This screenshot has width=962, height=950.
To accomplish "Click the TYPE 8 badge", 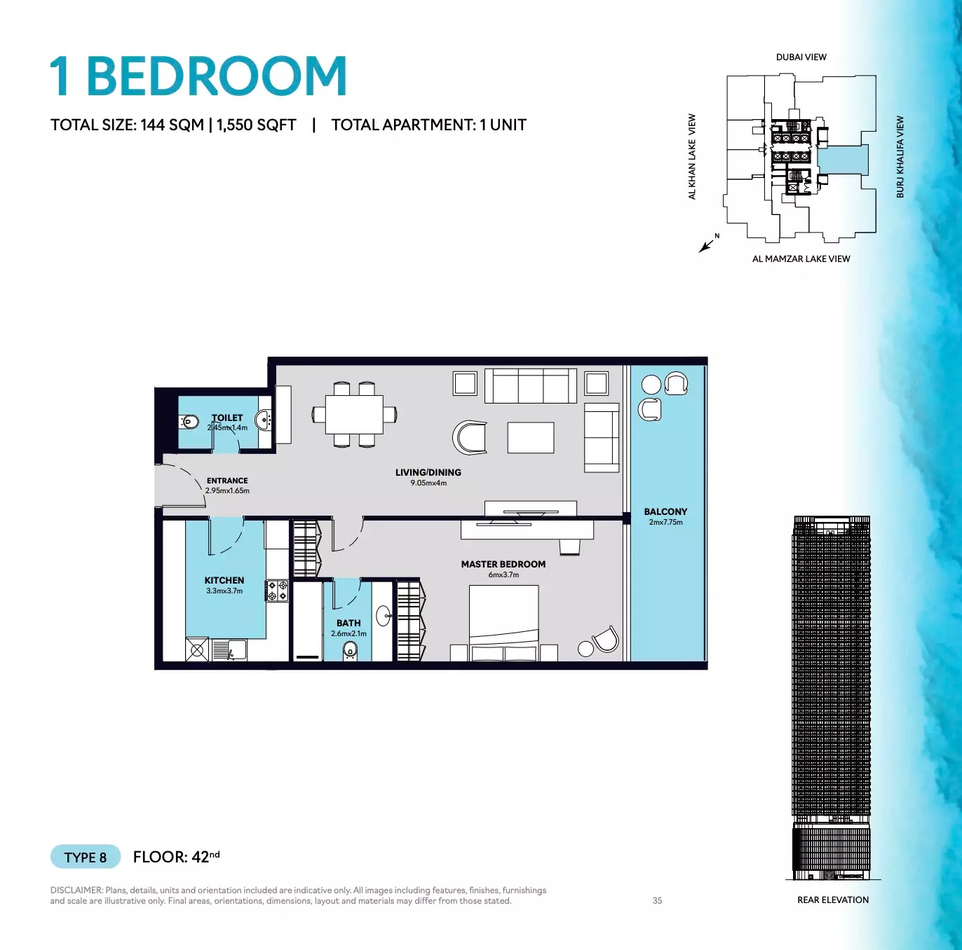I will pyautogui.click(x=86, y=857).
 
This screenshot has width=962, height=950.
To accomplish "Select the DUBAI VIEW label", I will pyautogui.click(x=801, y=57).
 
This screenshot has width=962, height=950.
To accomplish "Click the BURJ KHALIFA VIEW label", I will pyautogui.click(x=900, y=157).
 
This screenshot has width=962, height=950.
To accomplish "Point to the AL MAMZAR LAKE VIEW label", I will pyautogui.click(x=801, y=259).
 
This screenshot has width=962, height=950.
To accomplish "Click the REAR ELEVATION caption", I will pyautogui.click(x=832, y=900).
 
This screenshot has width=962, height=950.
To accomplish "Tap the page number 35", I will pyautogui.click(x=657, y=901).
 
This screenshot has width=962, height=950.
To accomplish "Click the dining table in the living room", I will pyautogui.click(x=354, y=415).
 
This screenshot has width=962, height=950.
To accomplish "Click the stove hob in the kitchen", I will pyautogui.click(x=277, y=591).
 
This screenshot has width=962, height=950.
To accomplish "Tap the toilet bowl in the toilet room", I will pyautogui.click(x=189, y=422).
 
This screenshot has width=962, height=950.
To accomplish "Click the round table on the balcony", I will pyautogui.click(x=651, y=384).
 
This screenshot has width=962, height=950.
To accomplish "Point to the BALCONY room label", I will pyautogui.click(x=665, y=512).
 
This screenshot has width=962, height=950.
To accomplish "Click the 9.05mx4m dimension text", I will pyautogui.click(x=428, y=483).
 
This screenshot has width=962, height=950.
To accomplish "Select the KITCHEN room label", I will pyautogui.click(x=224, y=581).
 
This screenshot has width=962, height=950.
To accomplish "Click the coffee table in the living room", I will pyautogui.click(x=531, y=438).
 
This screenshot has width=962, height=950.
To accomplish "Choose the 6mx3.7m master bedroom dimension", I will pyautogui.click(x=503, y=575).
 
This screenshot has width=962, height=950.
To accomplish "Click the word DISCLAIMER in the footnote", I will pyautogui.click(x=76, y=890).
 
